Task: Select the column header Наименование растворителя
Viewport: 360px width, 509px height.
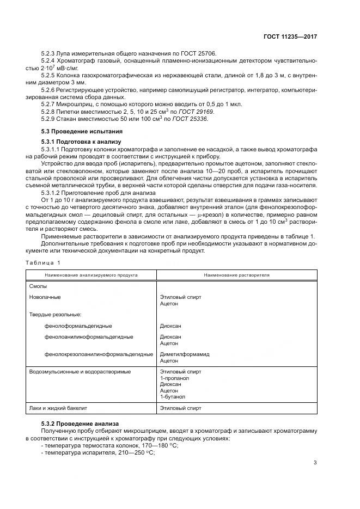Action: pos(237,275)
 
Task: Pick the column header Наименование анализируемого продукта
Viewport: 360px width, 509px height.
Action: pos(91,275)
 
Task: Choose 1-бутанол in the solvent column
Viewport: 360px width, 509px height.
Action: pos(172,397)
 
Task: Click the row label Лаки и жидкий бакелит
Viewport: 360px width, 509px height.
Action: pos(58,408)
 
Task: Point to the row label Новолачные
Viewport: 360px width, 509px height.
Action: pos(45,297)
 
